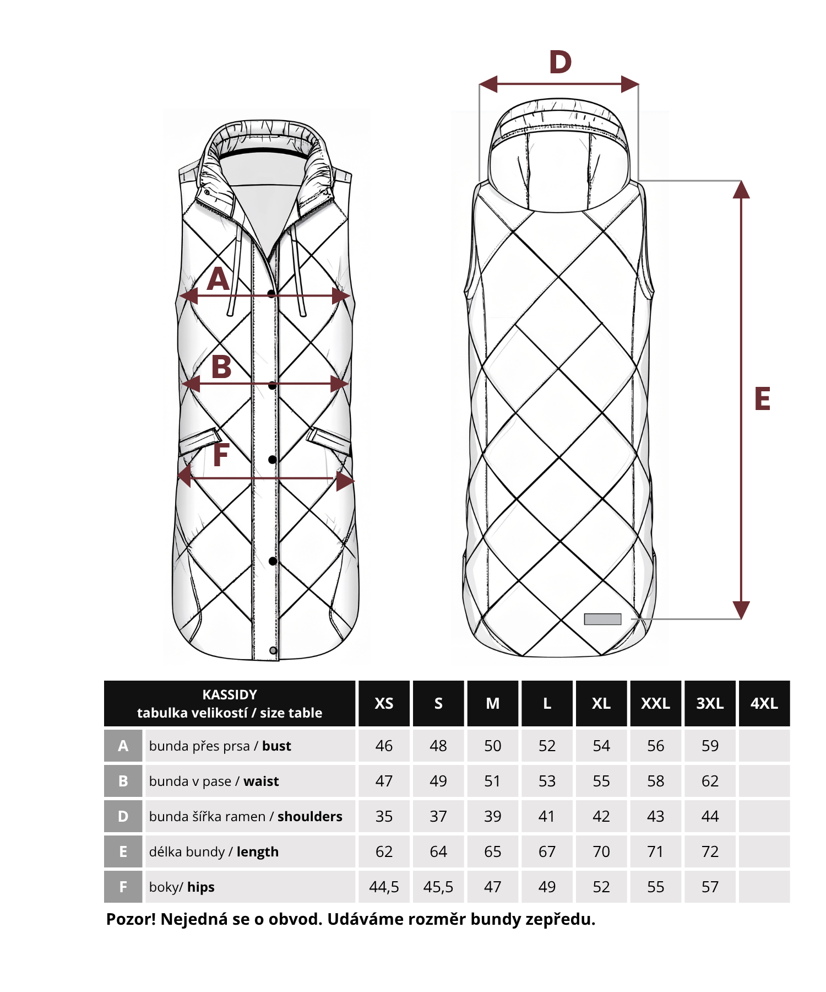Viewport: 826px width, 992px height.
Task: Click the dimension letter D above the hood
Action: (x=561, y=62)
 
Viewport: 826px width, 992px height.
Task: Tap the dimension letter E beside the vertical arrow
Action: (x=762, y=399)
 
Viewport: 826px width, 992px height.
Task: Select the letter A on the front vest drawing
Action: (x=218, y=279)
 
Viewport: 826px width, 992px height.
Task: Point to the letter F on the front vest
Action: (x=221, y=455)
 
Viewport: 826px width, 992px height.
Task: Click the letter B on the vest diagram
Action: (x=221, y=367)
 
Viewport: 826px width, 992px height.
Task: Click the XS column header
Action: (x=384, y=704)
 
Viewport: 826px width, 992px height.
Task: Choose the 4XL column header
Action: (x=764, y=704)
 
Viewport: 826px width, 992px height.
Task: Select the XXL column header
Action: (x=655, y=704)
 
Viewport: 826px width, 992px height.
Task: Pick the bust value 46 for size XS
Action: (x=384, y=746)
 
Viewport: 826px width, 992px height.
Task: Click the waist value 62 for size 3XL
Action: (x=710, y=781)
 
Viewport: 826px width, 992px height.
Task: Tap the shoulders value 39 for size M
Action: (x=492, y=817)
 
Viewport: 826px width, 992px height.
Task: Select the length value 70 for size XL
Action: (x=601, y=852)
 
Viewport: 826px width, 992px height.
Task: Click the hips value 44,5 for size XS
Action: (x=384, y=887)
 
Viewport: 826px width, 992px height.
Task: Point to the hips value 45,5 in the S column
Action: (x=438, y=887)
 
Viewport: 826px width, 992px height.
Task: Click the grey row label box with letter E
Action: (x=123, y=852)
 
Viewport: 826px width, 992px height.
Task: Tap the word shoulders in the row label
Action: (x=309, y=817)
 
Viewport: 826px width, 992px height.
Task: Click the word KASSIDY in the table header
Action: (x=230, y=695)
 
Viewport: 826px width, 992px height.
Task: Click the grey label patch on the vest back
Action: (x=602, y=619)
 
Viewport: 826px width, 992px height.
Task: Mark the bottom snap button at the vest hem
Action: (x=273, y=651)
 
